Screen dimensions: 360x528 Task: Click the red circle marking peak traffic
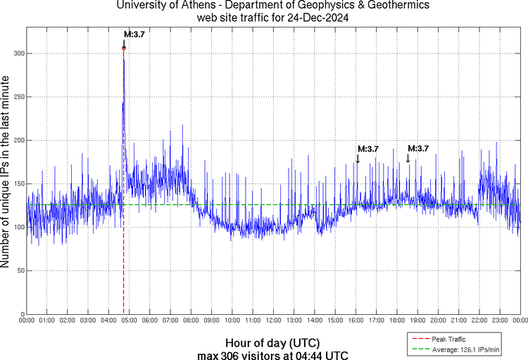124,48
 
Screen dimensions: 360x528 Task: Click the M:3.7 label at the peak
134,34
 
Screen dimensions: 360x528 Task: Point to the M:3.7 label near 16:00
368,149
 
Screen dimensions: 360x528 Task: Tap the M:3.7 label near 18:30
418,148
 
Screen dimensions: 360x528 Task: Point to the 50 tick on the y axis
19,271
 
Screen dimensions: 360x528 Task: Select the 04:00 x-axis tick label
109,321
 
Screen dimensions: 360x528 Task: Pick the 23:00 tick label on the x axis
499,321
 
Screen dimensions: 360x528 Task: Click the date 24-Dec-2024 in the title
315,18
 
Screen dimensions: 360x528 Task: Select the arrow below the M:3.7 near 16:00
358,159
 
